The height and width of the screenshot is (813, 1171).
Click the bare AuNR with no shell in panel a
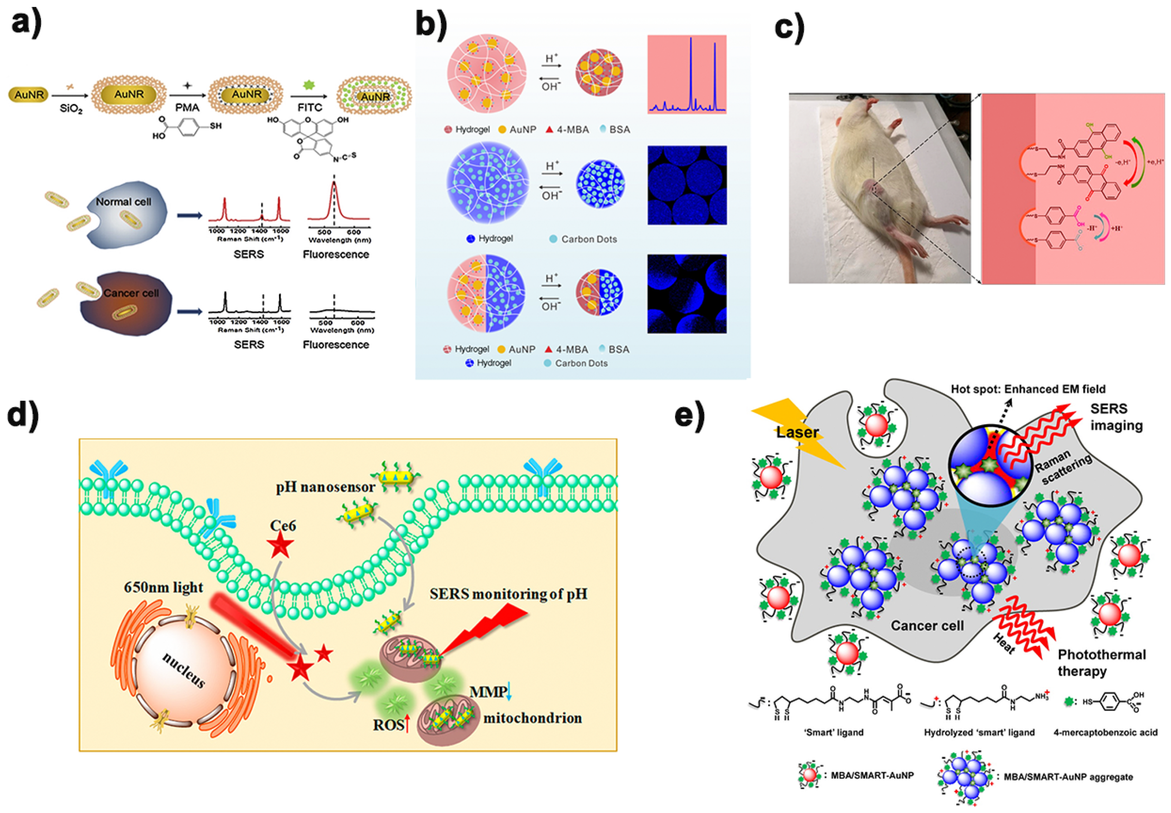[x=29, y=95]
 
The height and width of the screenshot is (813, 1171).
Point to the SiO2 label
[x=71, y=109]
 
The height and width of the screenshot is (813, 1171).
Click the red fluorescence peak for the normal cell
[x=334, y=201]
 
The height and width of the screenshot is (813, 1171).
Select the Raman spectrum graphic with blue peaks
[x=686, y=74]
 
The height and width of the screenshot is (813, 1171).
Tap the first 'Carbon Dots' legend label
[x=589, y=239]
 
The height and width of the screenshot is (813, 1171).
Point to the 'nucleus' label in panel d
[x=184, y=669]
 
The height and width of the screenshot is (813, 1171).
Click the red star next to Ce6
[x=281, y=545]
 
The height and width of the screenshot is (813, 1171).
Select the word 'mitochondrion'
[x=532, y=718]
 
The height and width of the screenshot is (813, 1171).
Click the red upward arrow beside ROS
[x=407, y=724]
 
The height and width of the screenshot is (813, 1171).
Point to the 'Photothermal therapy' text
[x=1101, y=662]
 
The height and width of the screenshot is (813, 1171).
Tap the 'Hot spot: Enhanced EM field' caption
[x=1028, y=389]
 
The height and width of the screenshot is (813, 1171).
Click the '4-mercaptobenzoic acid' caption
[x=1105, y=733]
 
